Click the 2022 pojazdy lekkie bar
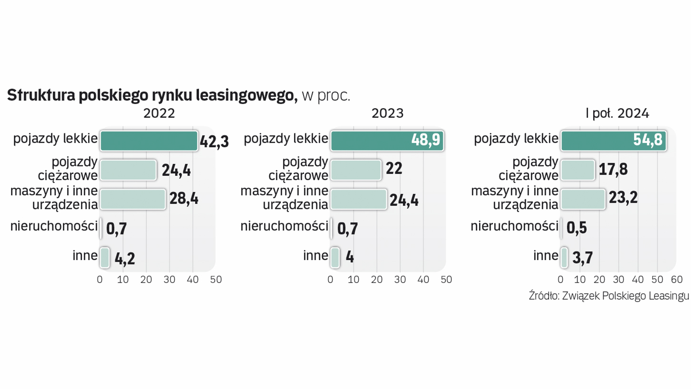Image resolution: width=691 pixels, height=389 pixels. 149,140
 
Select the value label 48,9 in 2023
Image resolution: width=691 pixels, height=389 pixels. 425,140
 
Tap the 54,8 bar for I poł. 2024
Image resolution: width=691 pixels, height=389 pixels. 613,140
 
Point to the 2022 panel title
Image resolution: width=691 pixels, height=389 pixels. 159,113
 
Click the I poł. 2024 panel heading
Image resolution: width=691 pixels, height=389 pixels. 617,113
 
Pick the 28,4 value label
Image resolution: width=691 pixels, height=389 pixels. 184,198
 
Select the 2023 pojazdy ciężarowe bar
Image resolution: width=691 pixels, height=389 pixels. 356,170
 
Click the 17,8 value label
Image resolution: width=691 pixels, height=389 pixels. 613,169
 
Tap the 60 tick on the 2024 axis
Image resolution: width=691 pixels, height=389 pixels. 677,280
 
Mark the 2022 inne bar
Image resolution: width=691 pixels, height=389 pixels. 105,258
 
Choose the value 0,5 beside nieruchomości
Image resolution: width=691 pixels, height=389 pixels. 576,228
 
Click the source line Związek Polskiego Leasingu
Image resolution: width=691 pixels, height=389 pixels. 609,296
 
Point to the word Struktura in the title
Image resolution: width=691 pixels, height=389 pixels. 41,95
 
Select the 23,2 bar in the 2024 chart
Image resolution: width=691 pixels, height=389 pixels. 583,199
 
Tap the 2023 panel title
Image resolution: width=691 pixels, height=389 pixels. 387,113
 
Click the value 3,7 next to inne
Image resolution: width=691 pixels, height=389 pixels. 582,258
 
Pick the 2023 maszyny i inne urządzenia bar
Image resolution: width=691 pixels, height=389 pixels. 358,199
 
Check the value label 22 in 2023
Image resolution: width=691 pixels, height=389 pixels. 394,169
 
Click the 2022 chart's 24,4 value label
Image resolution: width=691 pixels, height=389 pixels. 176,170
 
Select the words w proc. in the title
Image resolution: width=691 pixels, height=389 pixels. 326,96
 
